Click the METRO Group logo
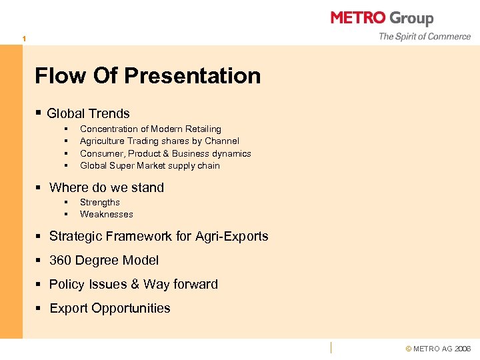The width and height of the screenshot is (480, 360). click(382, 18)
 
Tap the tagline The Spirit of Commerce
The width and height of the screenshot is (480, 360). click(424, 37)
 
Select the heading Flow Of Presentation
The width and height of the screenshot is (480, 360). click(147, 75)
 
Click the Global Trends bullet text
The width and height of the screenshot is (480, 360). click(88, 114)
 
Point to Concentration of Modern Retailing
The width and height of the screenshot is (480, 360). click(150, 129)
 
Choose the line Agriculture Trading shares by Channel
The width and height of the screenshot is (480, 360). click(159, 141)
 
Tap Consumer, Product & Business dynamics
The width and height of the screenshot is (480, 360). click(165, 153)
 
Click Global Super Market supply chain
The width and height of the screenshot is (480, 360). click(149, 165)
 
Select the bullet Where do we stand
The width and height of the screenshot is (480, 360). click(106, 187)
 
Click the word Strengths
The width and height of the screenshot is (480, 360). click(99, 202)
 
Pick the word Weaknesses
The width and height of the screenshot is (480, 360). click(106, 214)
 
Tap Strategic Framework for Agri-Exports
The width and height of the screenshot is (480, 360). click(159, 236)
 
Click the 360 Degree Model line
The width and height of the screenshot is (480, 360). click(104, 260)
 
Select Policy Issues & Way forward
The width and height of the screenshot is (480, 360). click(133, 284)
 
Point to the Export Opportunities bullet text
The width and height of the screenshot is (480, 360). click(109, 308)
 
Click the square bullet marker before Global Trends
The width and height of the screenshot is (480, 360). click(39, 114)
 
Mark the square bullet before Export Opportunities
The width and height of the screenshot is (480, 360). click(39, 309)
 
